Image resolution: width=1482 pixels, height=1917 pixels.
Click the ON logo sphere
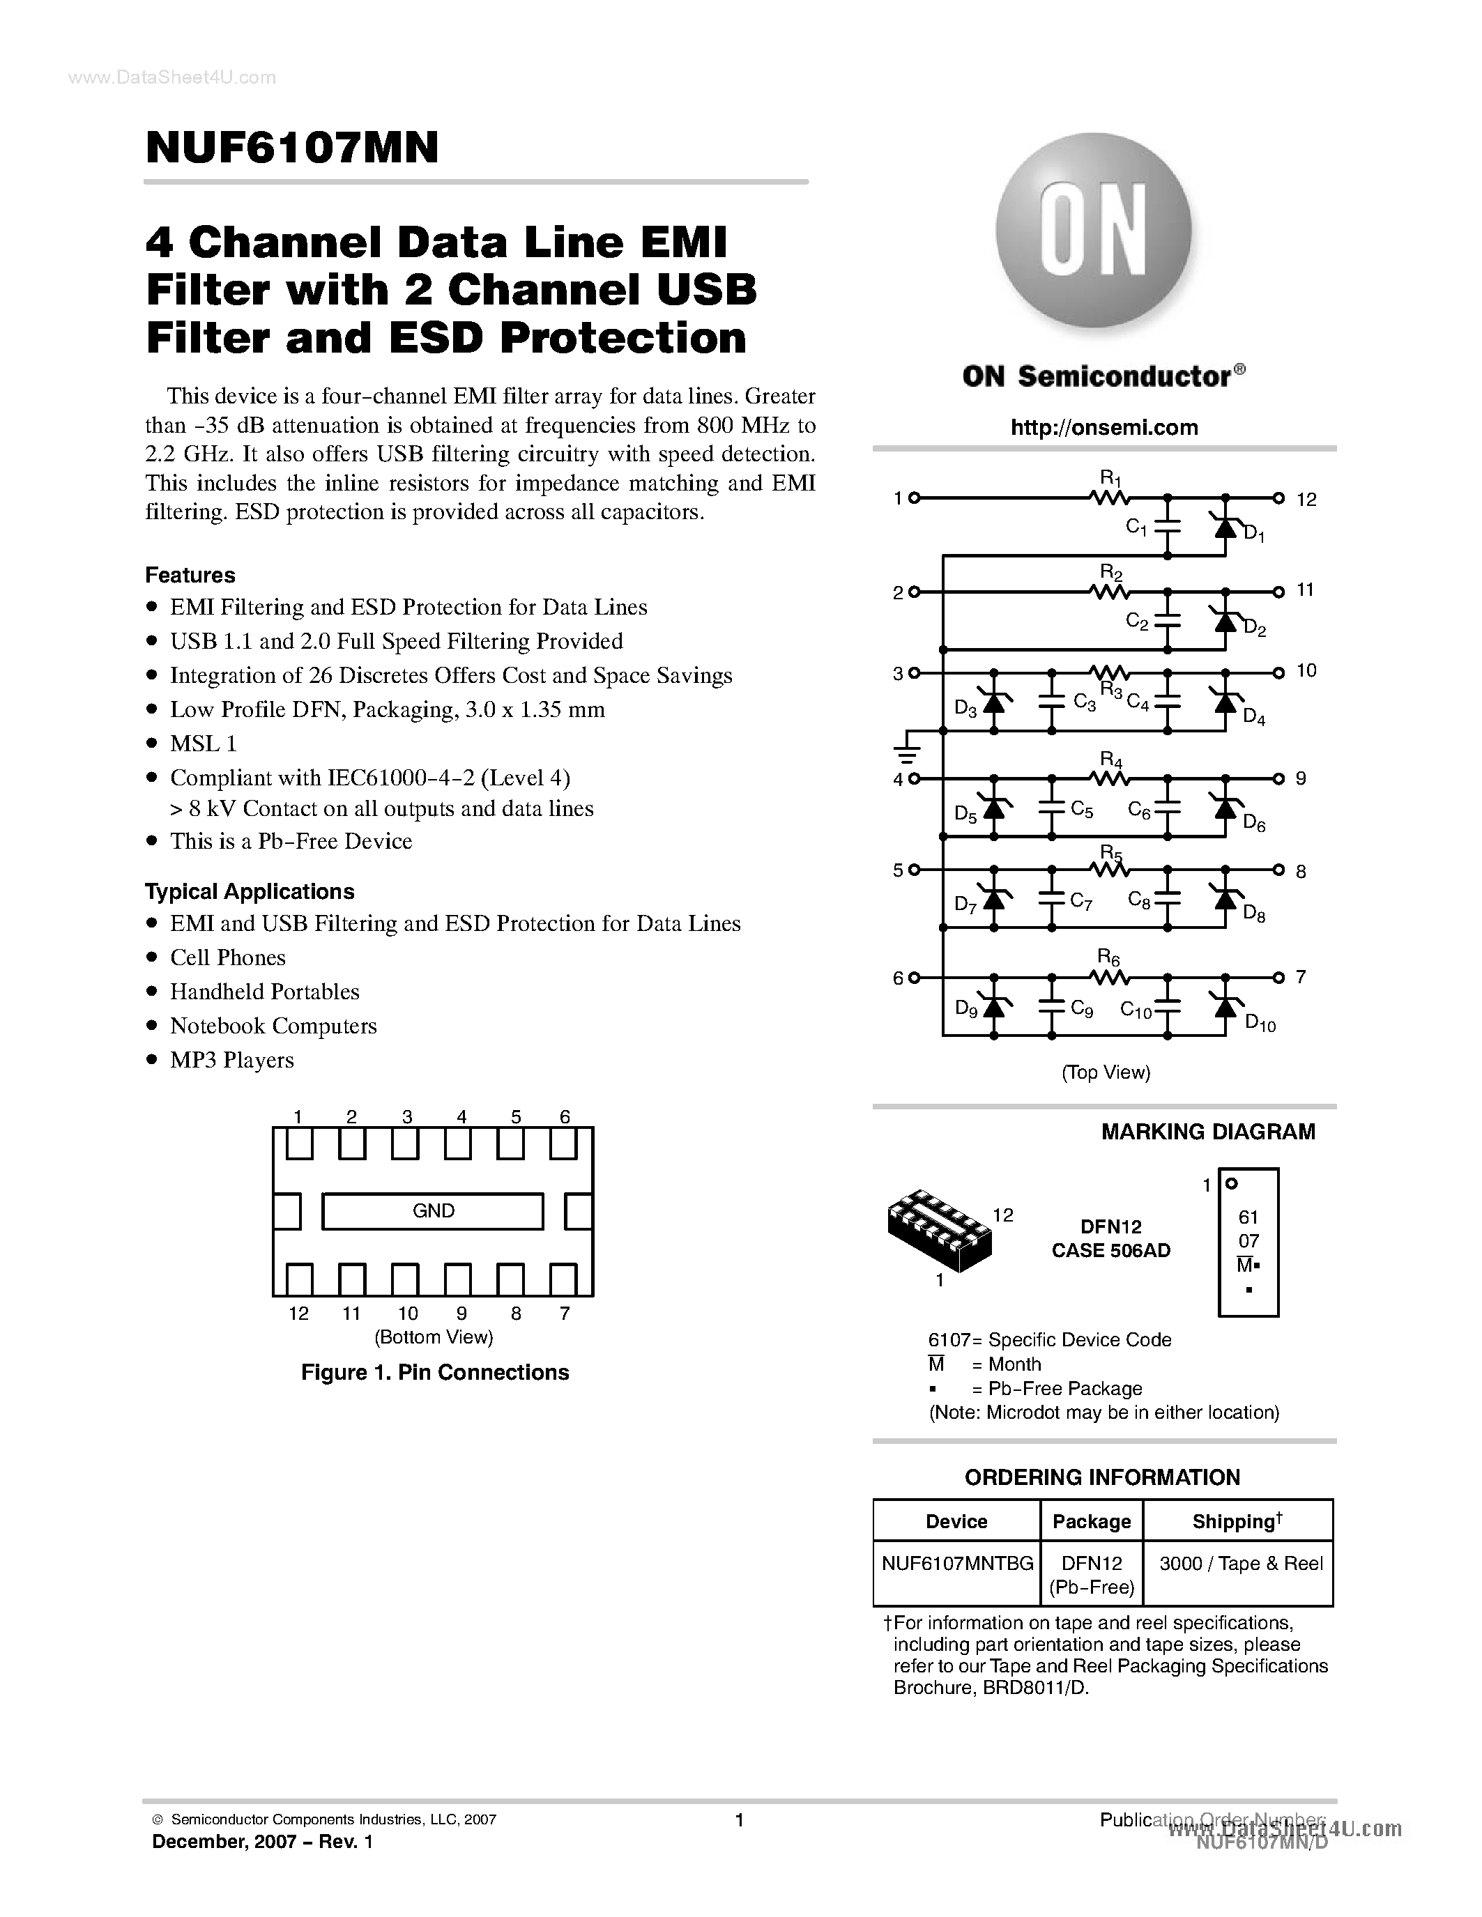tap(1093, 231)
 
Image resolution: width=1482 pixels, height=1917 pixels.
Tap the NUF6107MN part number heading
tap(292, 148)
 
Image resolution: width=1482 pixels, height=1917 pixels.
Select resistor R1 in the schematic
tap(1110, 498)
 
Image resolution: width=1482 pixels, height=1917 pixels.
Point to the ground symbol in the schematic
tap(906, 751)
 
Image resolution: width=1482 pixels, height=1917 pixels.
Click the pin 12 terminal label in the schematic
tap(1306, 500)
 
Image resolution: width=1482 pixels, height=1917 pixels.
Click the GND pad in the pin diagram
tap(433, 1211)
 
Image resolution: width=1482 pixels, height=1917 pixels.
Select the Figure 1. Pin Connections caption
tap(434, 1372)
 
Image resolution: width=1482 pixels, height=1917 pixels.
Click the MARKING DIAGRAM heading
tap(1207, 1132)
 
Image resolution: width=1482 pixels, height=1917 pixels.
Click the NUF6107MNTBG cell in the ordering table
tap(957, 1563)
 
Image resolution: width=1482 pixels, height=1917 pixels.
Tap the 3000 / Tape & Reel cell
tap(1239, 1563)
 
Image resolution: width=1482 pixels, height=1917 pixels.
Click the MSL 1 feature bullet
tap(203, 744)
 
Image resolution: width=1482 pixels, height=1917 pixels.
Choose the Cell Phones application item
tap(227, 957)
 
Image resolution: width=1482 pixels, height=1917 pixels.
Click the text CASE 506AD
tap(1110, 1251)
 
